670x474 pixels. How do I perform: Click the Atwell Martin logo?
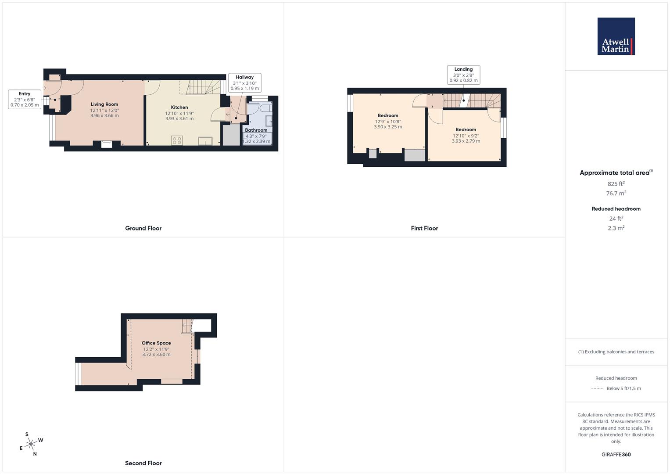point(616,36)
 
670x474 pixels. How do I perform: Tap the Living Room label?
point(104,104)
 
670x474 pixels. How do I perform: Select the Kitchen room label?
point(179,108)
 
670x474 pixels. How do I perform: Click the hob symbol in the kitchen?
point(177,140)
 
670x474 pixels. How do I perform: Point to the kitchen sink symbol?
point(205,141)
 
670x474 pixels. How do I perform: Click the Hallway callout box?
point(244,83)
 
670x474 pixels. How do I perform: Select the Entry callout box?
point(25,99)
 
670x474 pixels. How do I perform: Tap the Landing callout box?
point(463,75)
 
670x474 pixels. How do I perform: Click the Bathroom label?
point(256,130)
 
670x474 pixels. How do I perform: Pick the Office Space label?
point(156,343)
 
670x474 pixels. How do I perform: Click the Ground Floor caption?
point(143,228)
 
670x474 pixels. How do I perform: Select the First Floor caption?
point(424,228)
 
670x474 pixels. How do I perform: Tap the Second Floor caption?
point(143,463)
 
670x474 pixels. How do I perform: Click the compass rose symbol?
point(31,445)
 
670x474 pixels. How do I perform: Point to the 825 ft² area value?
point(616,184)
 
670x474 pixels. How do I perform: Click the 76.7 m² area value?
point(616,193)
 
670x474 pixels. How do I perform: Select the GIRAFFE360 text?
point(616,455)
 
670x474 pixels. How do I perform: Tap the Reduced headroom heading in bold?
point(616,209)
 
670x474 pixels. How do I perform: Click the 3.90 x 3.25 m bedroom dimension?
point(388,127)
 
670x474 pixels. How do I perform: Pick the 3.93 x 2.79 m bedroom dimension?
point(466,141)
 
